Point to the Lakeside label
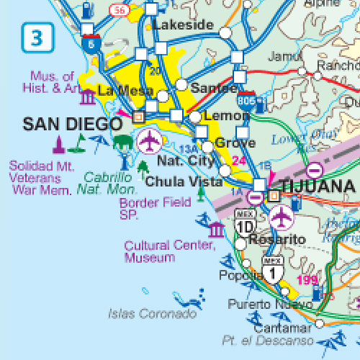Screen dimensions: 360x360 [184, 25]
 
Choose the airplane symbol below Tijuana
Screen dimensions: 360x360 [280, 215]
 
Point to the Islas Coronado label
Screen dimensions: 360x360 [152, 313]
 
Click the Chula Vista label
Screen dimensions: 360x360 [184, 182]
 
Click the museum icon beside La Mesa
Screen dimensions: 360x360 [88, 96]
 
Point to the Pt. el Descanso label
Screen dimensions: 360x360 [263, 341]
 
